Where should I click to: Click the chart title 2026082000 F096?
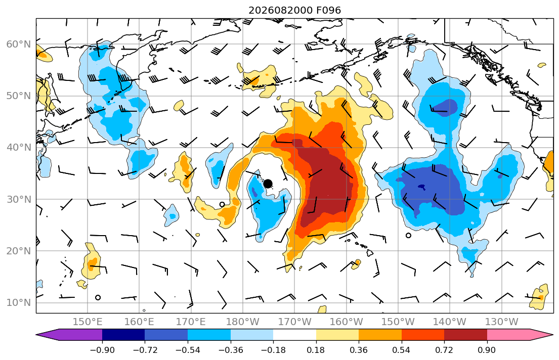pos(294,10)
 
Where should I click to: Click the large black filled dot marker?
pos(268,184)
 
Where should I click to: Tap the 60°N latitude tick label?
pos(19,44)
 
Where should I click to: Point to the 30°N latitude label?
pos(19,199)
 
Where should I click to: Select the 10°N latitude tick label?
pos(19,303)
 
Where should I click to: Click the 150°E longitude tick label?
pos(88,322)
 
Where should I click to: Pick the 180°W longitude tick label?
pos(243,322)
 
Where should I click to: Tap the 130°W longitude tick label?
pos(502,322)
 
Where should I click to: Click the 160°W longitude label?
pos(346,322)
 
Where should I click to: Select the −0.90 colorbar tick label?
pos(102,350)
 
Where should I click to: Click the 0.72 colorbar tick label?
pos(444,350)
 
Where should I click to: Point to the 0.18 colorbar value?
pos(316,350)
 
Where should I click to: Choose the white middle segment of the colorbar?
pos(294,335)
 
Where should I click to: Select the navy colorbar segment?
pos(123,335)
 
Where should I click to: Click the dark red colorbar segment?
pos(465,335)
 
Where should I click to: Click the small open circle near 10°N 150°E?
pos(98,298)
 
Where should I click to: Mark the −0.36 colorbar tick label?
pos(230,350)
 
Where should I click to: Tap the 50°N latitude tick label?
pos(19,96)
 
